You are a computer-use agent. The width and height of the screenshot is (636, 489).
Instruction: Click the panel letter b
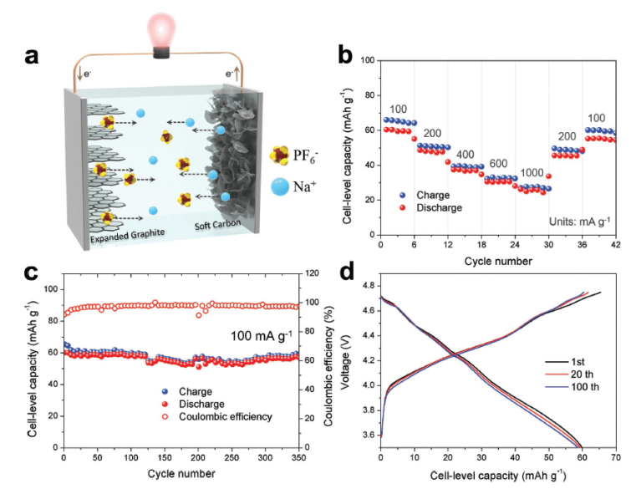pyautogui.click(x=345, y=56)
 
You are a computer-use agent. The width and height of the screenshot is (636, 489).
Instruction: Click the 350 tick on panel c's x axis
pyautogui.click(x=298, y=458)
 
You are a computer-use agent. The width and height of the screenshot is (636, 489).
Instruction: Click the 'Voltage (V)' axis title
pyautogui.click(x=345, y=364)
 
